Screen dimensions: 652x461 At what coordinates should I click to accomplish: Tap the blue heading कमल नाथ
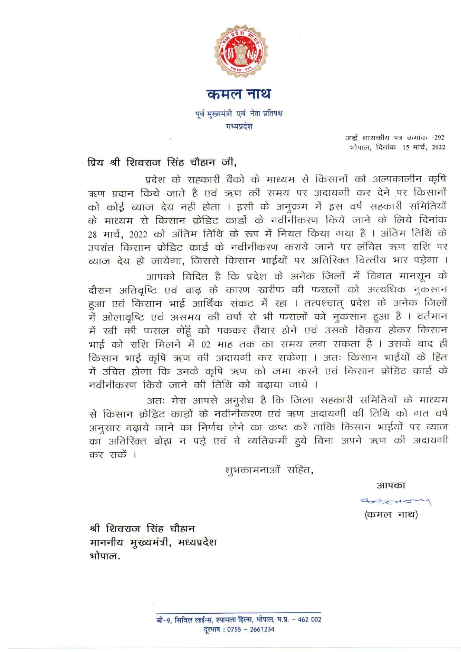239,94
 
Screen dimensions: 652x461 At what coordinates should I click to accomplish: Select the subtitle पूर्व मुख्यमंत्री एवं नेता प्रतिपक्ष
239,113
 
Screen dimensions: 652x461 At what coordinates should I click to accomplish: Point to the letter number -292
438,138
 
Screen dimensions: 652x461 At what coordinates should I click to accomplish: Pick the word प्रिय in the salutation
96,163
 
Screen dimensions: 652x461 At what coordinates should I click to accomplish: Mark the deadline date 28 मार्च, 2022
117,234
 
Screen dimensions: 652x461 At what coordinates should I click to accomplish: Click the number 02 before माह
206,344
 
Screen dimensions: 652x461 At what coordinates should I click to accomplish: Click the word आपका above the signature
391,485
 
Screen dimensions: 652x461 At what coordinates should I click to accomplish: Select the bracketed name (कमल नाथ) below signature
391,515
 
